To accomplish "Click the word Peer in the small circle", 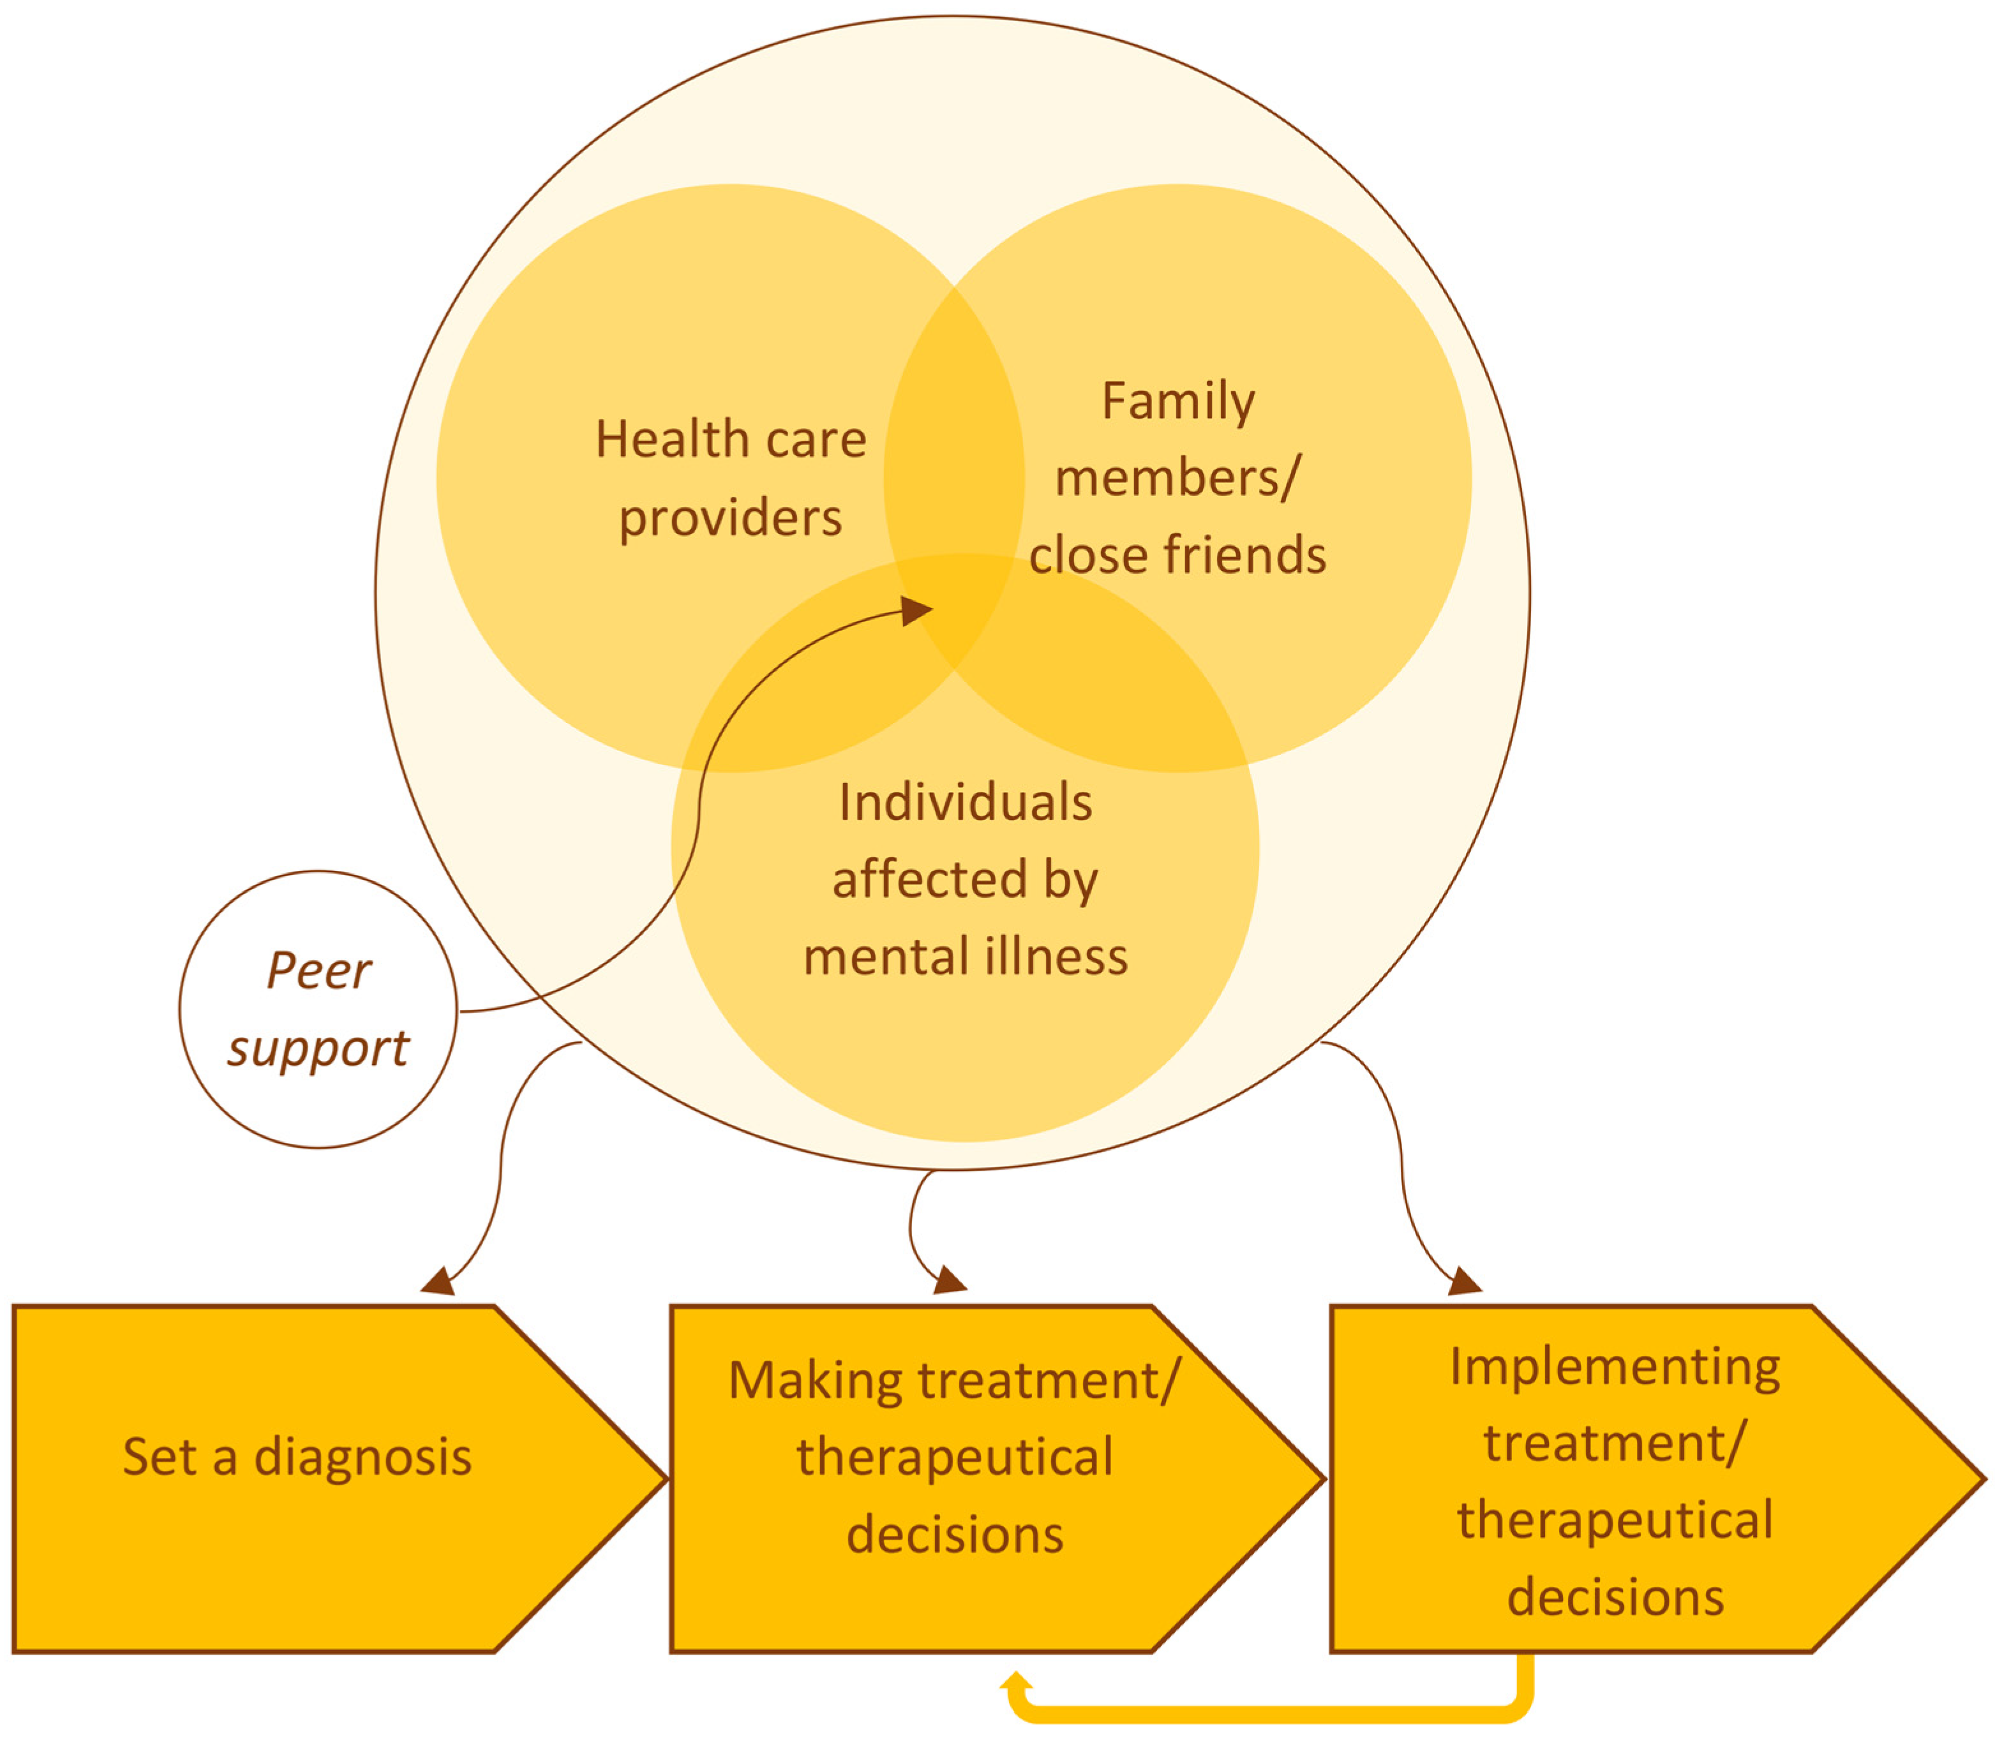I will (x=318, y=970).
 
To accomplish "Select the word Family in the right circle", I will (x=1177, y=401).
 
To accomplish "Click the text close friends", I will (x=1177, y=555).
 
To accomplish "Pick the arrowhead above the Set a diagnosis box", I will (x=440, y=1282).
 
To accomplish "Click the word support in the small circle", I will (x=318, y=1050).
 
